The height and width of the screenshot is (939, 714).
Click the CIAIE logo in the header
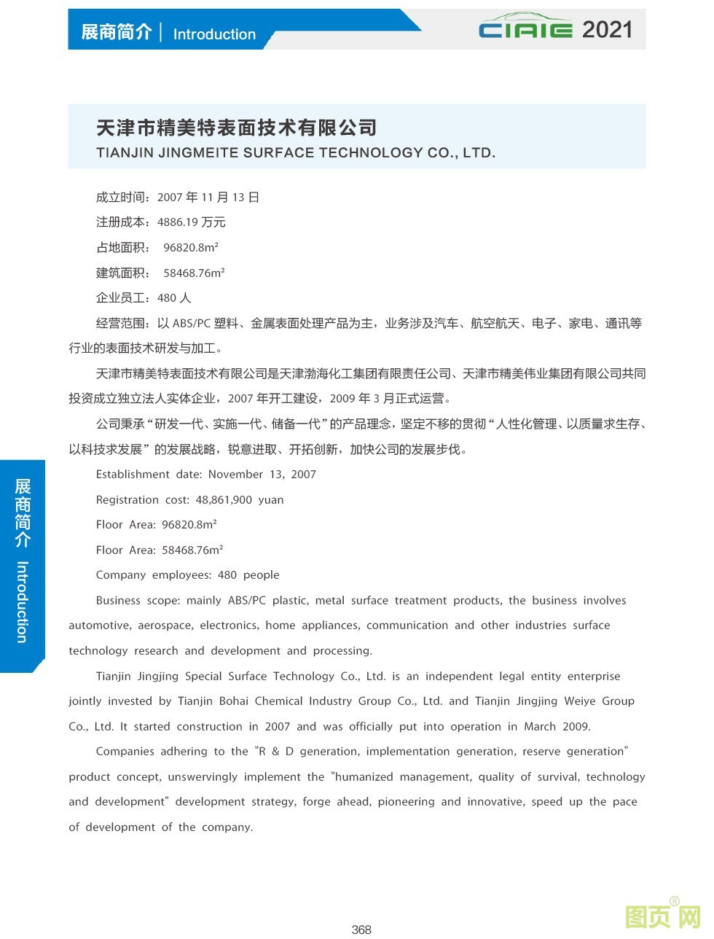(526, 29)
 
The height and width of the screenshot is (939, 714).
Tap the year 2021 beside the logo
(607, 30)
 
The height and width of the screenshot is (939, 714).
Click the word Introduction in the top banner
(214, 34)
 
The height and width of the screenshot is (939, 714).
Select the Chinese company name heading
(237, 128)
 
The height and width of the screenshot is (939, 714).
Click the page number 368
(361, 929)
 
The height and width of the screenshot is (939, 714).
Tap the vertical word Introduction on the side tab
(22, 601)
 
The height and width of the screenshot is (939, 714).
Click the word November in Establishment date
(236, 475)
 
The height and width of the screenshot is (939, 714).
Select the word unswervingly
(202, 777)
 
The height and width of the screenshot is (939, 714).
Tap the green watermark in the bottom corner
(663, 916)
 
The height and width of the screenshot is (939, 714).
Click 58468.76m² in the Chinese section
(194, 273)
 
